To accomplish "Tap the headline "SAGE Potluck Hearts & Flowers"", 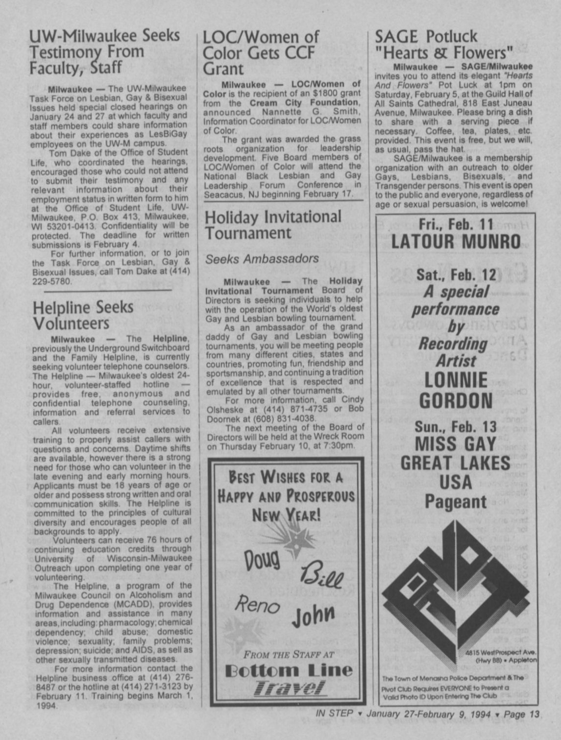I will [x=443, y=44].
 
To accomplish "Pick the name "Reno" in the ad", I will [x=257, y=606].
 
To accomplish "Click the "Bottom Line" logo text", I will [x=288, y=670].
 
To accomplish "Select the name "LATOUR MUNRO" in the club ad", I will [x=456, y=242].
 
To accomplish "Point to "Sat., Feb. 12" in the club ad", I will [x=456, y=274].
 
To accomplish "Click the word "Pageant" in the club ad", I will [x=456, y=501].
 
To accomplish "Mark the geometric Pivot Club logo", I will [x=455, y=588].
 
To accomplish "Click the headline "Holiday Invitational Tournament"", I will [x=273, y=224].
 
